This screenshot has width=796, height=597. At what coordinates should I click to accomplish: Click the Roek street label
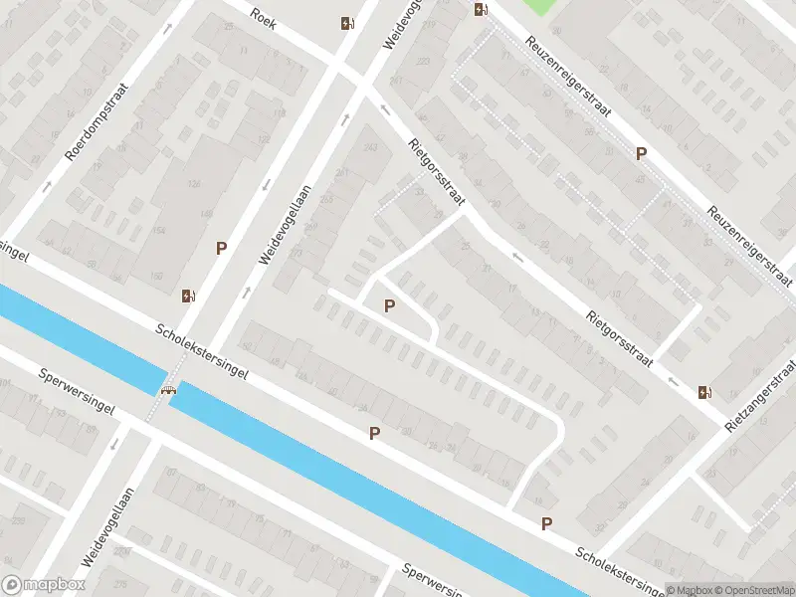(x=263, y=17)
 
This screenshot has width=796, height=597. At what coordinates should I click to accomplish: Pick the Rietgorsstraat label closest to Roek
(x=436, y=172)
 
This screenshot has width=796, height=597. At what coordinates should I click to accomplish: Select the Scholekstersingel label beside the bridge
(x=201, y=357)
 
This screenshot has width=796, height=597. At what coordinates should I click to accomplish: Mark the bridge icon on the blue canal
(x=170, y=389)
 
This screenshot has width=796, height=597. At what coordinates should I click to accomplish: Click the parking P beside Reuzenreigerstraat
(x=642, y=154)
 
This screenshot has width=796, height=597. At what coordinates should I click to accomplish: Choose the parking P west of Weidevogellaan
(x=222, y=248)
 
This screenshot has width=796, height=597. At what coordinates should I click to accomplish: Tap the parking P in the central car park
(x=389, y=305)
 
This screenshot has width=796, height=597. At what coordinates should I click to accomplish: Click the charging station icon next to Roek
(x=346, y=24)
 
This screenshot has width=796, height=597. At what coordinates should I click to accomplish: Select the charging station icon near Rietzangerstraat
(x=705, y=392)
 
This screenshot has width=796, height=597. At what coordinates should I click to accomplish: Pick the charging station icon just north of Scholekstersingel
(x=188, y=295)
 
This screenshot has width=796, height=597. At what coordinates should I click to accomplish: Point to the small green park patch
(x=537, y=6)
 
